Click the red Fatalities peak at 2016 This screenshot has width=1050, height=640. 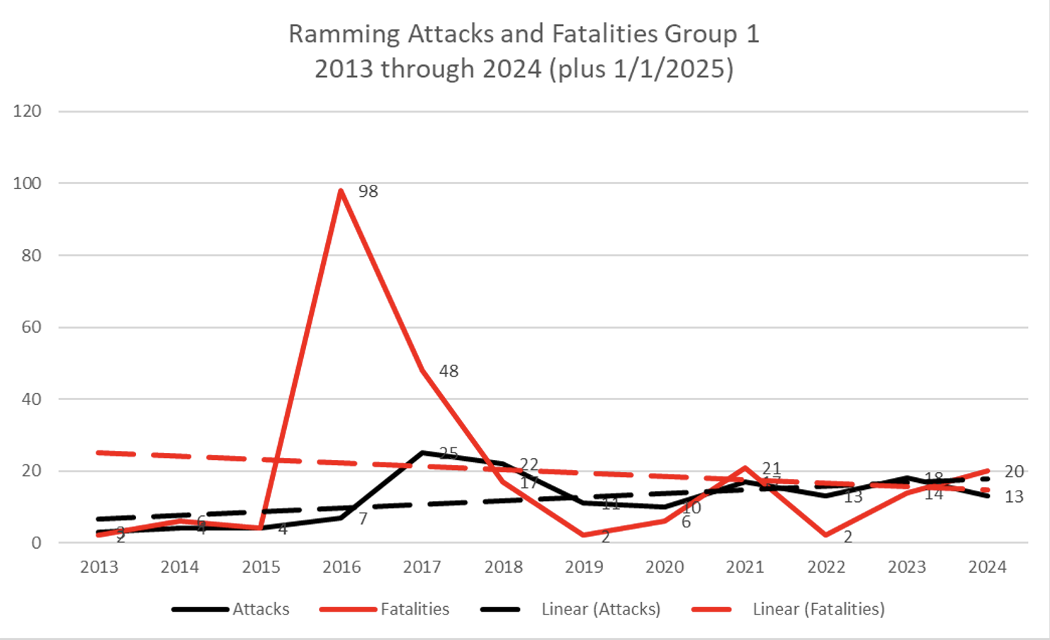tap(341, 190)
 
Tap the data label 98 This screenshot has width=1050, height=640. tap(368, 192)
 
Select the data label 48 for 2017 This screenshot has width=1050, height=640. tap(448, 371)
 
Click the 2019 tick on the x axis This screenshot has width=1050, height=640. tap(584, 567)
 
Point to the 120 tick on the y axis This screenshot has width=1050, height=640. tap(27, 111)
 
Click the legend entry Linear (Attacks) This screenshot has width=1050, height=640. tap(571, 609)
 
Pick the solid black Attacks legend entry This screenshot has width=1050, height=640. tap(231, 609)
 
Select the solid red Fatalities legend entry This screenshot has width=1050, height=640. tap(385, 609)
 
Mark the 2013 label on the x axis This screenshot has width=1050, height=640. tap(99, 567)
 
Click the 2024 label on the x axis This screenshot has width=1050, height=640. tap(988, 567)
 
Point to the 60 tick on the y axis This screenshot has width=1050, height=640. tap(31, 327)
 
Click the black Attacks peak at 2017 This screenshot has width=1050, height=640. tap(423, 452)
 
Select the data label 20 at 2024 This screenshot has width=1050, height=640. tap(1014, 472)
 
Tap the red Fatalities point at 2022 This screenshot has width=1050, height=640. tap(826, 535)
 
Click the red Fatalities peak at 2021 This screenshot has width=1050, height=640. tap(745, 467)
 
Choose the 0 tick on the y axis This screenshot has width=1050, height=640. tap(36, 543)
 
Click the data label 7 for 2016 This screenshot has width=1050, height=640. tap(363, 519)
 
